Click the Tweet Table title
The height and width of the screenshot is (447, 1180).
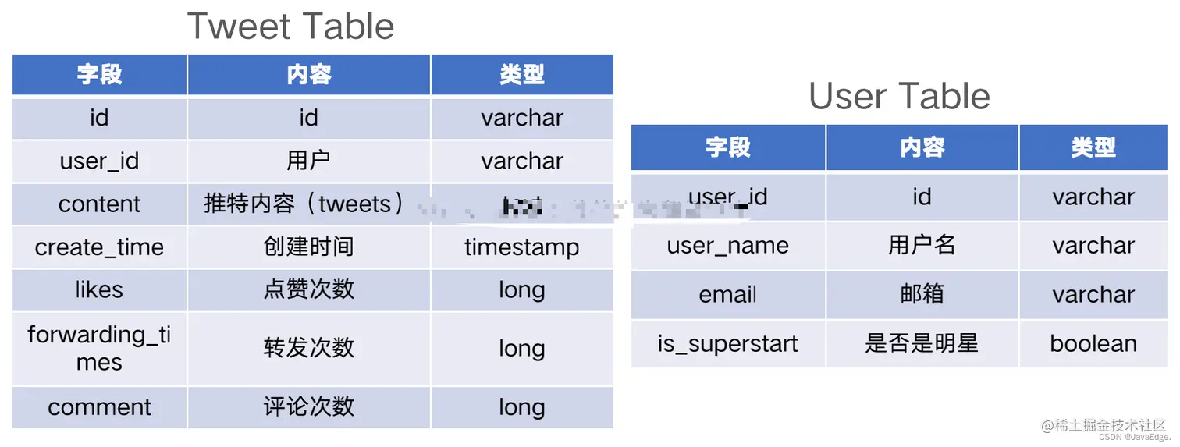pyautogui.click(x=290, y=27)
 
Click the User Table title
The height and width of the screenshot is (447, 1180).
pyautogui.click(x=899, y=97)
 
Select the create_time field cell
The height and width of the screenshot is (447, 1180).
pyautogui.click(x=99, y=247)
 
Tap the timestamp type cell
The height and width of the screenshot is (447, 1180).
pyautogui.click(x=521, y=247)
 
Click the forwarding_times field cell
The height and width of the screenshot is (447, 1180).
pyautogui.click(x=99, y=349)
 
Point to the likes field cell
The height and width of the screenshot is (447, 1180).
pyautogui.click(x=99, y=290)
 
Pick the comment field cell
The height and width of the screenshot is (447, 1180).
pyautogui.click(x=99, y=407)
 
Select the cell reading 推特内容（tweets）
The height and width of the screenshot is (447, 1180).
pyautogui.click(x=308, y=204)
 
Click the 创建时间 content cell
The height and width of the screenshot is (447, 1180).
pyautogui.click(x=308, y=247)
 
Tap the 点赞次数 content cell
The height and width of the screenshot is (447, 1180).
pyautogui.click(x=308, y=290)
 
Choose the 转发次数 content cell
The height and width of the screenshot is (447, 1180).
pyautogui.click(x=308, y=349)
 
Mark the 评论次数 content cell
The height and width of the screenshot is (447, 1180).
pyautogui.click(x=308, y=407)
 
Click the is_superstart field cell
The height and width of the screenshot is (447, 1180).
pyautogui.click(x=727, y=344)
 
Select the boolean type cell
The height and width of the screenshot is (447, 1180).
pyautogui.click(x=1093, y=344)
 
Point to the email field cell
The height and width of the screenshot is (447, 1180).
pyautogui.click(x=727, y=295)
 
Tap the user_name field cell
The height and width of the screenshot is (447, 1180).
pyautogui.click(x=727, y=246)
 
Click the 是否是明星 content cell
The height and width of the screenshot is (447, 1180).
pyautogui.click(x=922, y=344)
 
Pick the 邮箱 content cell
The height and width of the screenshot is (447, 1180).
pyautogui.click(x=922, y=295)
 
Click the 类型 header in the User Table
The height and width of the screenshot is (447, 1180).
pyautogui.click(x=1093, y=147)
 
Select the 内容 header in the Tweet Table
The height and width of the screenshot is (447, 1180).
pyautogui.click(x=308, y=75)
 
